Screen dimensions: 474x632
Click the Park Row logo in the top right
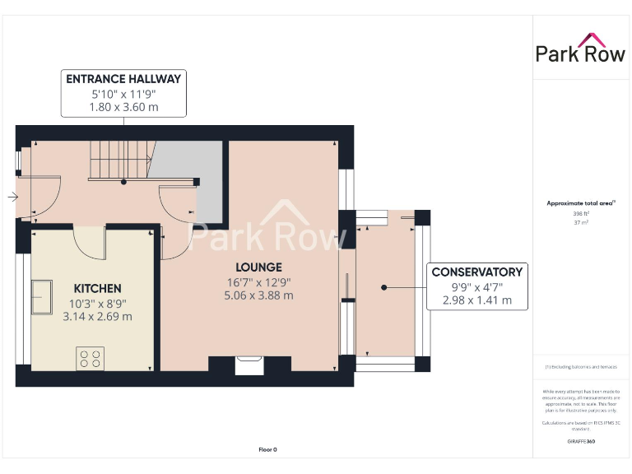[x=581, y=49]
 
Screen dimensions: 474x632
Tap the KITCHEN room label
[x=97, y=289]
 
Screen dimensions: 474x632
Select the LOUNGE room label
[x=258, y=267]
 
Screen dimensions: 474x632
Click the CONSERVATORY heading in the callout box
[x=476, y=272]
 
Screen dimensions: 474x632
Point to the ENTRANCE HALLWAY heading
[x=124, y=79]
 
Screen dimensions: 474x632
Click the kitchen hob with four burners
[x=90, y=358]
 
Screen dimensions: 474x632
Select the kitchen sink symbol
[x=40, y=298]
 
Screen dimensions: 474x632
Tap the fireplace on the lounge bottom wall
[x=249, y=365]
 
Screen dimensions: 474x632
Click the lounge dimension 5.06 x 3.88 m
[x=258, y=295]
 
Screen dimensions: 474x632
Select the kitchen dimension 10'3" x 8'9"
[x=97, y=303]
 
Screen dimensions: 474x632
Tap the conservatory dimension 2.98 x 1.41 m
[x=476, y=300]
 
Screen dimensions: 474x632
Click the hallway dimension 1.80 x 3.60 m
[x=124, y=107]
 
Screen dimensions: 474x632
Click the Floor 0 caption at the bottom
[x=267, y=449]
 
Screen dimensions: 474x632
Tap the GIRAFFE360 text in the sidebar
[x=582, y=442]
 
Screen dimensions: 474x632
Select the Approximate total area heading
[x=581, y=202]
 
